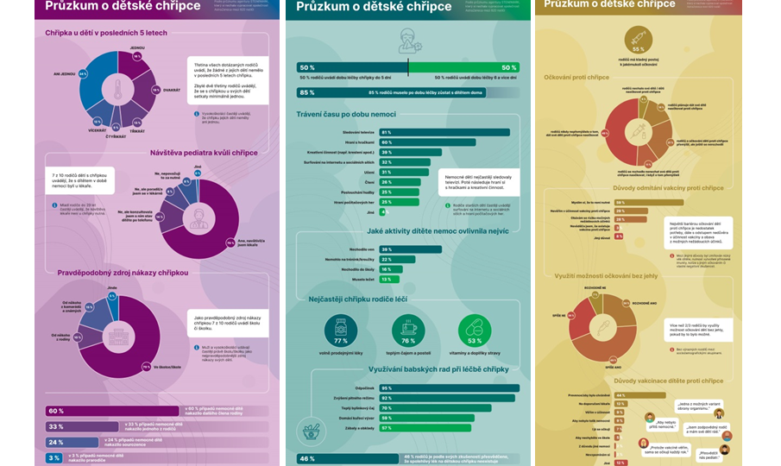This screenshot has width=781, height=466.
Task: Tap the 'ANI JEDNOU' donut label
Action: [x=64, y=74]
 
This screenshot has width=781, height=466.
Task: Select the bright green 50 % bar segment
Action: [x=464, y=67]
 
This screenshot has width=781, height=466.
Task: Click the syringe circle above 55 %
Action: [x=639, y=40]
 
